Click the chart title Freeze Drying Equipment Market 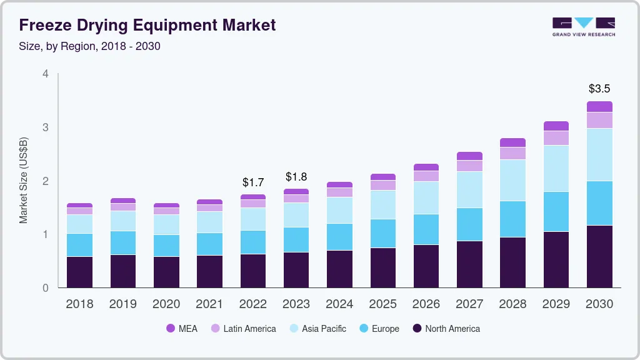tap(147, 26)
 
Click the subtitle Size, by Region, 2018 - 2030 tap(90, 46)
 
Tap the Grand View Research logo tap(583, 26)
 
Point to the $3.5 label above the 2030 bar tap(599, 89)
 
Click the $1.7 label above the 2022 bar tap(253, 182)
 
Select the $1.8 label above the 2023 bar tap(296, 177)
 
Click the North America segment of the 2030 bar tap(599, 256)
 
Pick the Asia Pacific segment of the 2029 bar tap(556, 168)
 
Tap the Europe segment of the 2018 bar tap(79, 245)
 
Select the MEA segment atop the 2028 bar tap(513, 142)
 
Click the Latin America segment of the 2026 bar tap(426, 176)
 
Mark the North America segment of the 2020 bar tap(166, 272)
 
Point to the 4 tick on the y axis tap(45, 74)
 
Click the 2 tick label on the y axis tap(45, 181)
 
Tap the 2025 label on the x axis tap(382, 304)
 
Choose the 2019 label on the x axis tap(122, 304)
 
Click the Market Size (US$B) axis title tap(23, 181)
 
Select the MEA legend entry tap(182, 329)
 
